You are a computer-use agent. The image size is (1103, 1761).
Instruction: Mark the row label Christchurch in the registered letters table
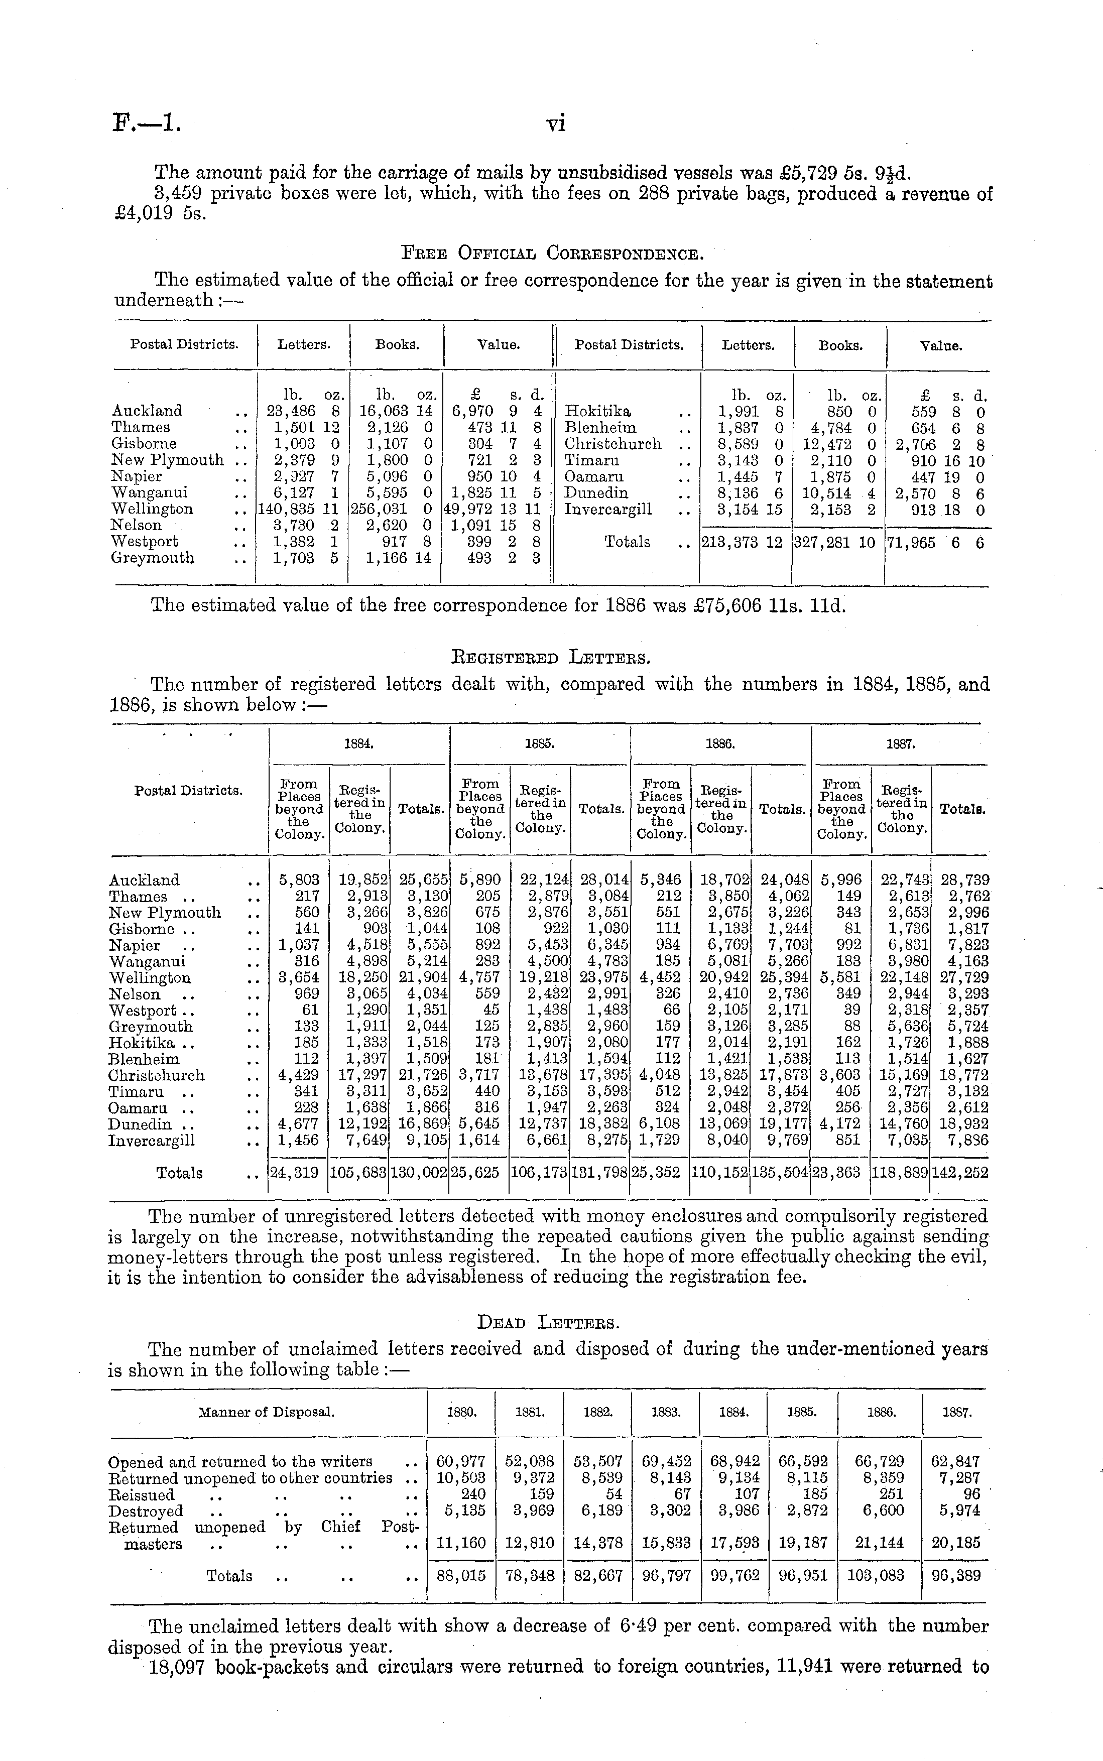(x=157, y=1076)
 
